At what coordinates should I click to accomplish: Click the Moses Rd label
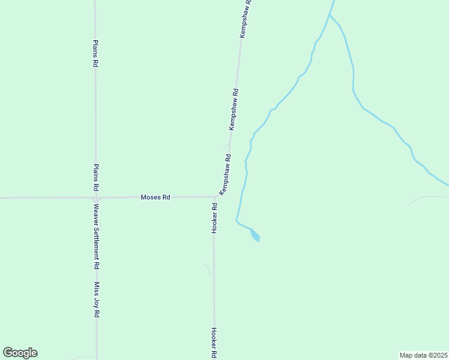point(155,197)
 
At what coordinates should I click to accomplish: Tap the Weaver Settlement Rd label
point(95,236)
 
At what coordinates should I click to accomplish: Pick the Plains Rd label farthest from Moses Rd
point(95,54)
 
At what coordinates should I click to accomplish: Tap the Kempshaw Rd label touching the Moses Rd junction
point(225,175)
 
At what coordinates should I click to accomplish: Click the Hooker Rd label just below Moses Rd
point(214,217)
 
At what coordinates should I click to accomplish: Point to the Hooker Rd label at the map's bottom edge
point(214,343)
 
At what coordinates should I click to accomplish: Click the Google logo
point(20,353)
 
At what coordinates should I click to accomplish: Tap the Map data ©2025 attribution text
point(424,355)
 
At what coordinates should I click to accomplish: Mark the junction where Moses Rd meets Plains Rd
point(95,197)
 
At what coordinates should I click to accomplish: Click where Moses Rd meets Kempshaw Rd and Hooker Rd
point(215,196)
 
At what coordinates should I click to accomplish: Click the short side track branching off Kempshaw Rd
point(226,145)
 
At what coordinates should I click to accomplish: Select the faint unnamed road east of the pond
point(427,197)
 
